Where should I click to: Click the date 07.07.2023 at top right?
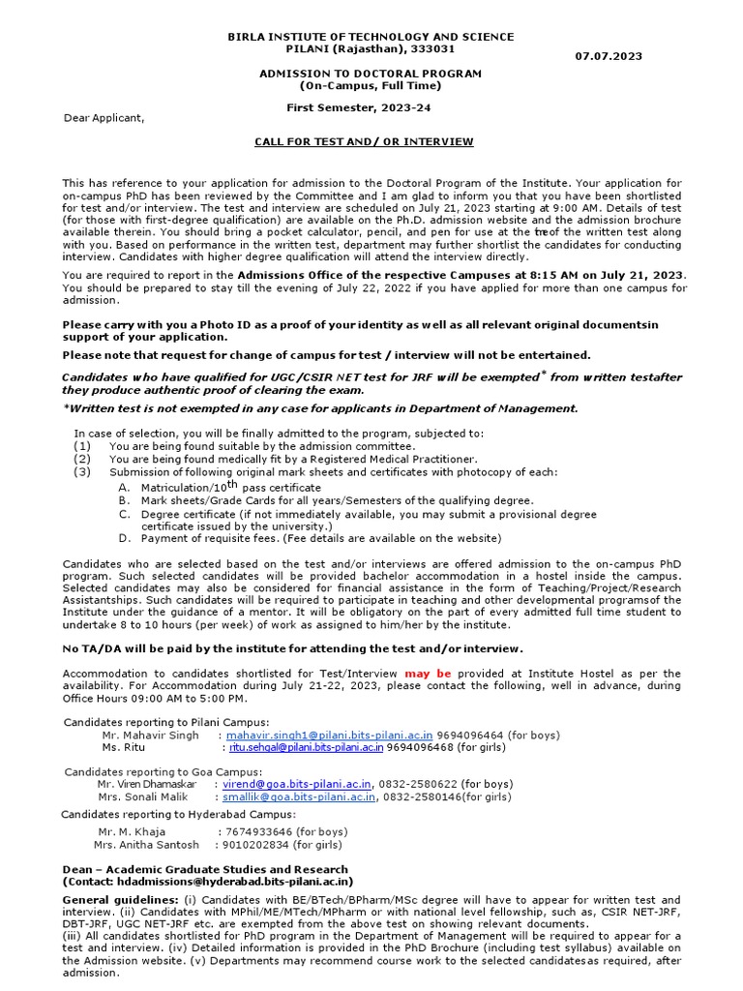(x=608, y=57)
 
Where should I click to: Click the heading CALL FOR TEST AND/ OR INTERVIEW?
(x=364, y=141)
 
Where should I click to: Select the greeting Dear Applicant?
(x=104, y=118)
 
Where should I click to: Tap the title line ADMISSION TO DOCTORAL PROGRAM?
(x=371, y=74)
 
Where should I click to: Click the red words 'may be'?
(x=428, y=673)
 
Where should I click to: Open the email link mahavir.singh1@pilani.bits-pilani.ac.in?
(x=329, y=736)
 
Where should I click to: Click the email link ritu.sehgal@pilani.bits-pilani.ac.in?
(x=305, y=747)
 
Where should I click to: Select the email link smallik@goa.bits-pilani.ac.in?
(x=299, y=796)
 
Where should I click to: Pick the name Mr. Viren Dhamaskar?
(x=147, y=784)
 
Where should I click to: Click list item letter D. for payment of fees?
(x=125, y=538)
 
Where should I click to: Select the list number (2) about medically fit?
(x=82, y=459)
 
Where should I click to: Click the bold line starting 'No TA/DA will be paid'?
(x=292, y=648)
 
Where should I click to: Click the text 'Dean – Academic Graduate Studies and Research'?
(x=205, y=870)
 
